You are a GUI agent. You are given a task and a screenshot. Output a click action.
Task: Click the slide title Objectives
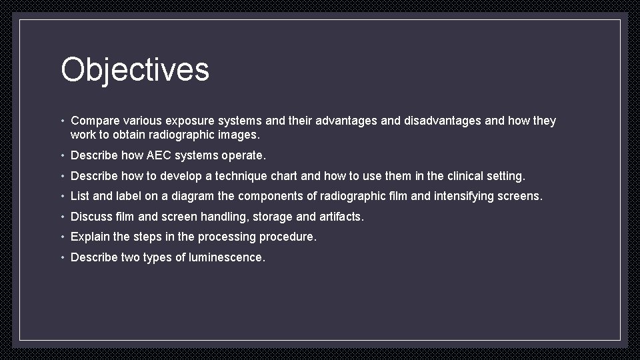[x=135, y=69]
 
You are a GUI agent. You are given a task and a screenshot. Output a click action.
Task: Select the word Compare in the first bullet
[x=95, y=121]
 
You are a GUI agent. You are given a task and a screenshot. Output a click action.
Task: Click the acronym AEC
[x=159, y=155]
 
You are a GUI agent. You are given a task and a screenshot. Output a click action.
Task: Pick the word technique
[x=242, y=176]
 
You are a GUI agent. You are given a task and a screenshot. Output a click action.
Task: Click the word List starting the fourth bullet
[x=80, y=196]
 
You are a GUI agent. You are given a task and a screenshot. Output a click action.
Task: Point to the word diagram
[x=193, y=196]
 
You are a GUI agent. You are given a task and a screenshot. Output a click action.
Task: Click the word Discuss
[x=91, y=217]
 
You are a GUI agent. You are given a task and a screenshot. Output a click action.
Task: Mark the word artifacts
[x=341, y=217]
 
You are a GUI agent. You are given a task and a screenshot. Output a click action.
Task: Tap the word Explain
[x=90, y=237]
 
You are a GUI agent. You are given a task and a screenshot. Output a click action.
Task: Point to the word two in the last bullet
[x=130, y=257]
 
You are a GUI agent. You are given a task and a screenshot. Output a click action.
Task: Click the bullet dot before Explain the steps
[x=62, y=237]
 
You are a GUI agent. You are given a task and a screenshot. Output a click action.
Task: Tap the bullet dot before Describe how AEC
[x=62, y=156]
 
